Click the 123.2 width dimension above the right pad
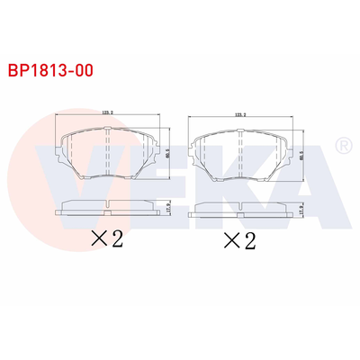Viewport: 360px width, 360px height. click(x=240, y=115)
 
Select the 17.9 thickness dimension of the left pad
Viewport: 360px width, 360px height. click(x=169, y=207)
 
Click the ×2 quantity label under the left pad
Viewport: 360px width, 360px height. click(x=106, y=239)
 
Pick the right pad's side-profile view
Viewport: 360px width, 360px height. click(x=240, y=211)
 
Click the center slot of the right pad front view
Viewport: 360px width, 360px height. click(x=240, y=156)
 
